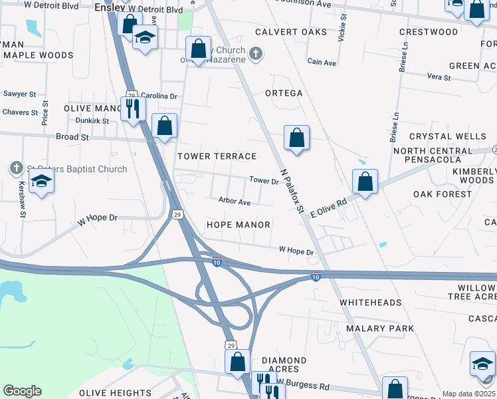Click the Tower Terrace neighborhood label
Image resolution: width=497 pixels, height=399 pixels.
[x=217, y=156]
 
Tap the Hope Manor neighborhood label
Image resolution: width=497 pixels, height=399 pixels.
[x=238, y=225]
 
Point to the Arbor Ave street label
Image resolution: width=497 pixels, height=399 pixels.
[x=235, y=201]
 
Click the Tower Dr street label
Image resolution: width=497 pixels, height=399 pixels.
[x=263, y=180]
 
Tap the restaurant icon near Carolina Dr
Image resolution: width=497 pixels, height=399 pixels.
[x=133, y=107]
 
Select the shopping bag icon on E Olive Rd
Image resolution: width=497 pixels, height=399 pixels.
[x=365, y=181]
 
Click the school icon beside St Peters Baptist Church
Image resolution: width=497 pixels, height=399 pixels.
[x=41, y=181]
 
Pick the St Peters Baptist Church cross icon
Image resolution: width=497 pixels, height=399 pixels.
[x=16, y=168]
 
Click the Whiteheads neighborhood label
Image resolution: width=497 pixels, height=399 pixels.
[x=371, y=303]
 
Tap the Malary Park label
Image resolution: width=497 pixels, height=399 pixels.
[x=380, y=329]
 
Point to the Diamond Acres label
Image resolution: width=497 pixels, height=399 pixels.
[x=284, y=364]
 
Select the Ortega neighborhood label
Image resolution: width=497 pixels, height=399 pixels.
[x=284, y=93]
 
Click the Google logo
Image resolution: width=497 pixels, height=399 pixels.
[x=22, y=391]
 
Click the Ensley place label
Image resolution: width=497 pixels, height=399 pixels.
[x=110, y=8]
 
